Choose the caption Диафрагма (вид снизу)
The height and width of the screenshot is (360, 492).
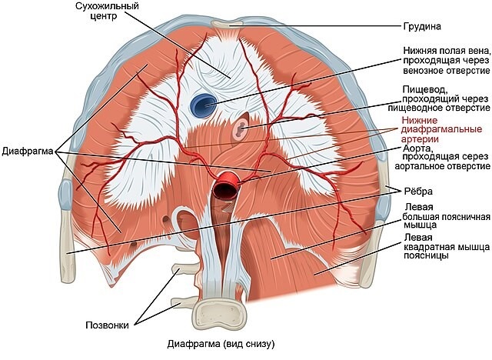[x=220, y=343]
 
